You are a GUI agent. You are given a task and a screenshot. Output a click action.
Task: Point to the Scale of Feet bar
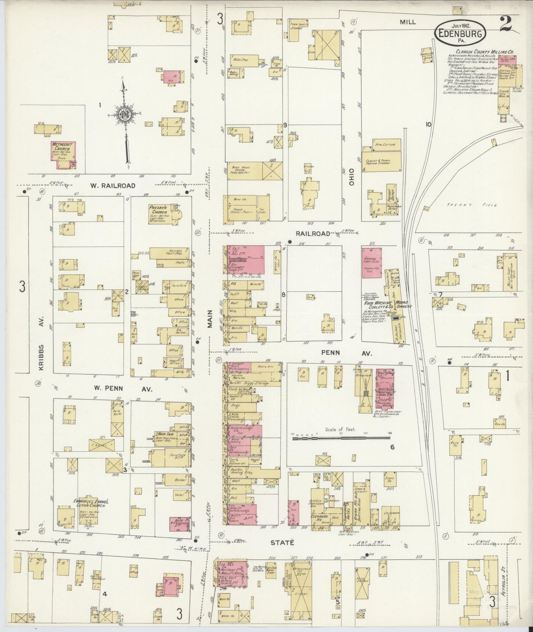tap(341, 438)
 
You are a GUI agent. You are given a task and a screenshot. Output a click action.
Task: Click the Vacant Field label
tap(471, 205)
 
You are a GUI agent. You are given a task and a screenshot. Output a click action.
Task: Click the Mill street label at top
tap(408, 22)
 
